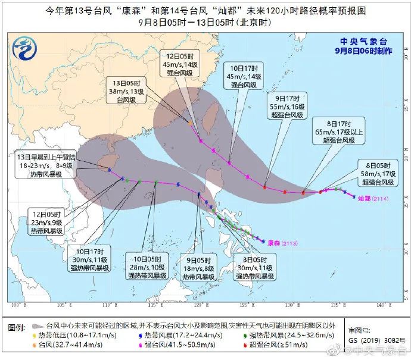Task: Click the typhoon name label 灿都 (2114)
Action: point(370,199)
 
